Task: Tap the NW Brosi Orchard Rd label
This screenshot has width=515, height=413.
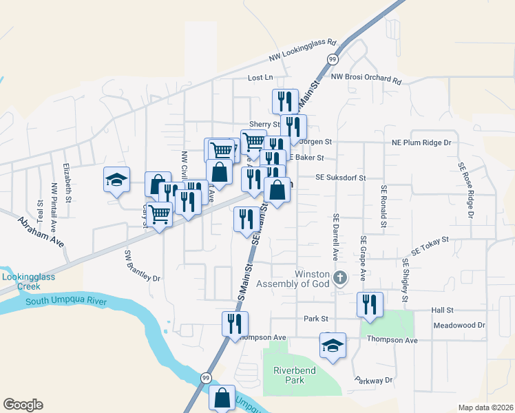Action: coord(366,78)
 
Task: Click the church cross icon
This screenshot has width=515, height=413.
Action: coord(339,279)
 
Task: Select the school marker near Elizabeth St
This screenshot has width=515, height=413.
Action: coord(116,180)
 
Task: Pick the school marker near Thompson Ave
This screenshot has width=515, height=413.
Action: coord(333,346)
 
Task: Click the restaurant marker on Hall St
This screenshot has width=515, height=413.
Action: coord(370,304)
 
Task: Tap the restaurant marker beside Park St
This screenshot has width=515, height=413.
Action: coord(235,324)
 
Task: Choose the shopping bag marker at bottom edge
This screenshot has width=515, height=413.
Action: coord(222,398)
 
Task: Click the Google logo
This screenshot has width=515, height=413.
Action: coord(23,405)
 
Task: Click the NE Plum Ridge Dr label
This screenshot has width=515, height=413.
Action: coord(421,142)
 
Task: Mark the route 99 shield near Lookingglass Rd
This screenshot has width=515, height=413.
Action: coord(333,59)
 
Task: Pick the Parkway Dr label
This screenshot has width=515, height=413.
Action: coord(374,380)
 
